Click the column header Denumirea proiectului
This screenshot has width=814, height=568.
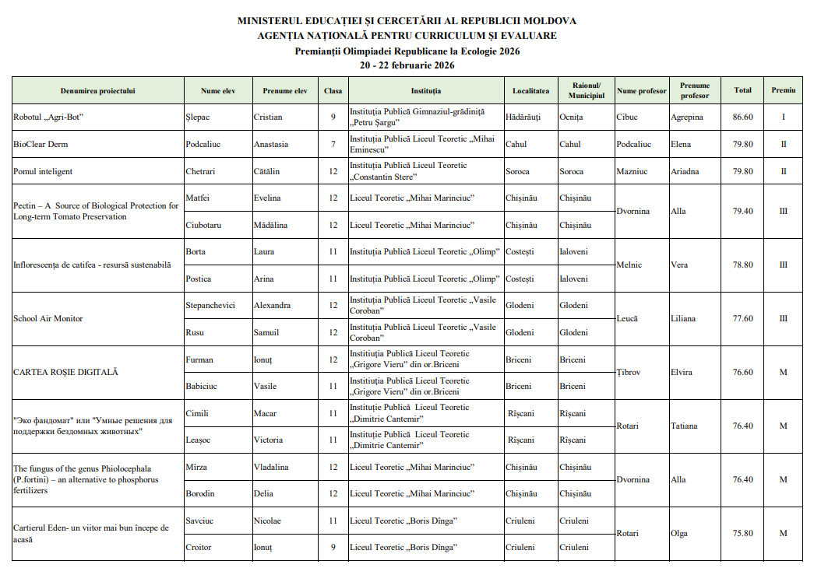pyautogui.click(x=97, y=90)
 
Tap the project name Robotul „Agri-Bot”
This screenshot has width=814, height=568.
pyautogui.click(x=48, y=117)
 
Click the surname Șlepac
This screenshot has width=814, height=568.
pyautogui.click(x=199, y=117)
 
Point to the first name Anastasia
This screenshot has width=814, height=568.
pyautogui.click(x=277, y=144)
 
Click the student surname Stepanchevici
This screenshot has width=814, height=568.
pyautogui.click(x=210, y=306)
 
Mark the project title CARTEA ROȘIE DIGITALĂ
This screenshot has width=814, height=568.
pyautogui.click(x=66, y=372)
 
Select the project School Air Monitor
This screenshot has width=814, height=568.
pyautogui.click(x=48, y=318)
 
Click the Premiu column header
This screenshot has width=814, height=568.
pyautogui.click(x=784, y=90)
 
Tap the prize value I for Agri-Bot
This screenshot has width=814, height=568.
pyautogui.click(x=784, y=117)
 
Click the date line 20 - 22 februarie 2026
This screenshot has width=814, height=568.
pyautogui.click(x=407, y=65)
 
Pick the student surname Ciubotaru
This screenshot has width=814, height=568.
pyautogui.click(x=203, y=225)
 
